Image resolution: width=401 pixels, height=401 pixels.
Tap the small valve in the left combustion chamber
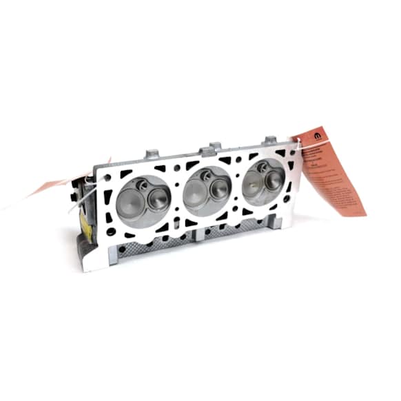pos(158,198)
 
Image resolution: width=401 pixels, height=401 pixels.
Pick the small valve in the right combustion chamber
pos(274,180)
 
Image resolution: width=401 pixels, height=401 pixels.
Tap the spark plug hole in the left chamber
pos(142,184)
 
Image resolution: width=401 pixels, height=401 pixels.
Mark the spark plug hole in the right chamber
pos(263,167)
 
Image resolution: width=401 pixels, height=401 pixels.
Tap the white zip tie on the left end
pos(86,195)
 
